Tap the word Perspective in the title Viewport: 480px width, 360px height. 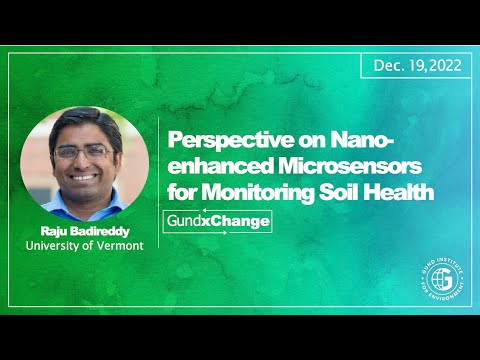tap(219, 141)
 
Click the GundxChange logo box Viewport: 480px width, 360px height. tap(217, 220)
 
